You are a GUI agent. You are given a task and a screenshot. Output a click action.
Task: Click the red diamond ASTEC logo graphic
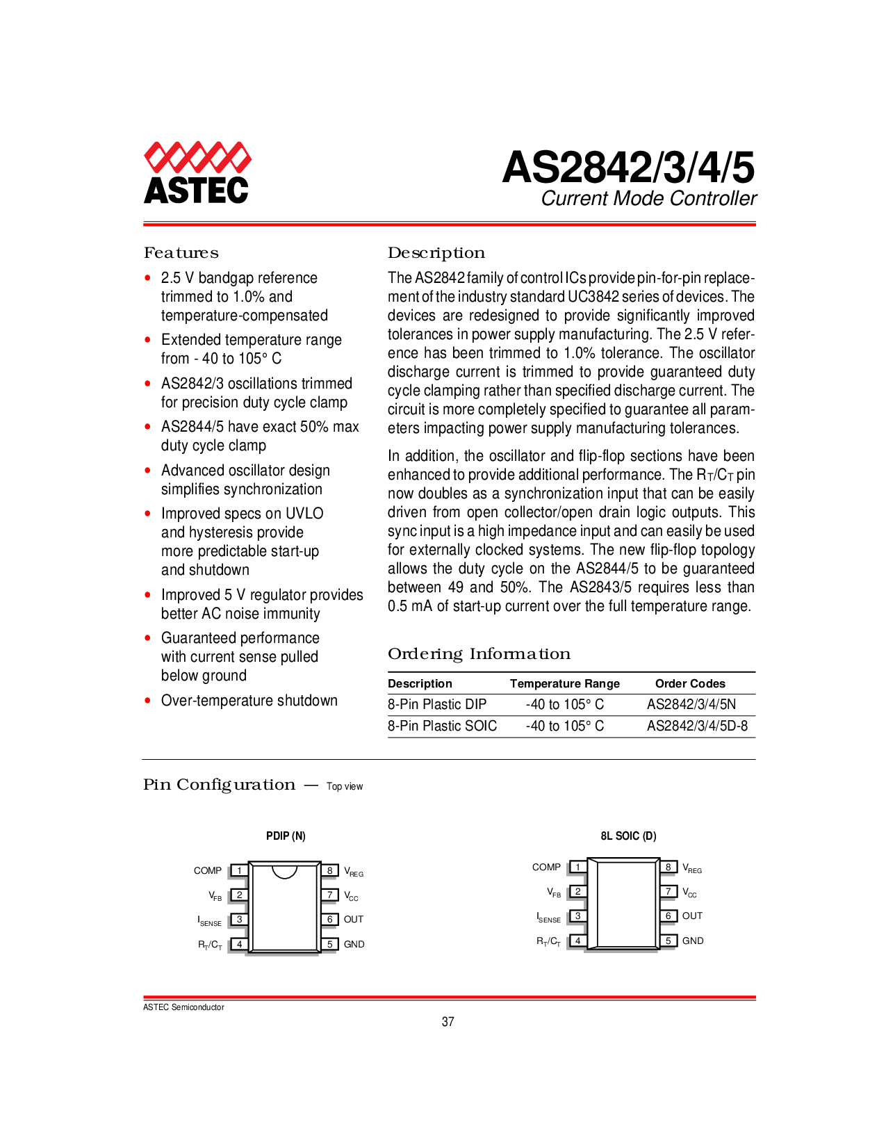pyautogui.click(x=197, y=157)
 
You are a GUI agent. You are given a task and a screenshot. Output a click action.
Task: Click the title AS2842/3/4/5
pyautogui.click(x=628, y=168)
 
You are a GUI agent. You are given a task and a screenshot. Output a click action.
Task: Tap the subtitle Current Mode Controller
pyautogui.click(x=648, y=199)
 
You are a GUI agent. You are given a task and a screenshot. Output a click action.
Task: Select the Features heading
pyautogui.click(x=181, y=253)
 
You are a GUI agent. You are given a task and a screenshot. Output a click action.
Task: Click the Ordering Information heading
pyautogui.click(x=479, y=654)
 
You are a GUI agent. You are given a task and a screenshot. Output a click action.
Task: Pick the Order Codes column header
pyautogui.click(x=690, y=683)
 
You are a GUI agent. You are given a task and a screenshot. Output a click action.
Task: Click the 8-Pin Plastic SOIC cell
pyautogui.click(x=442, y=726)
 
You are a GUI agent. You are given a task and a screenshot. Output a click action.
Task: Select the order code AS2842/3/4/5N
pyautogui.click(x=691, y=705)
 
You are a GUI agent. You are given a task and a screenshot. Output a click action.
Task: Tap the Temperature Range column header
pyautogui.click(x=565, y=683)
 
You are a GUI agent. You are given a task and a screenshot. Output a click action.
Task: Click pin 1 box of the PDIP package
pyautogui.click(x=240, y=870)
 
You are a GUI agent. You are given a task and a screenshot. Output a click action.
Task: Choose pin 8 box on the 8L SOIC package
pyautogui.click(x=668, y=867)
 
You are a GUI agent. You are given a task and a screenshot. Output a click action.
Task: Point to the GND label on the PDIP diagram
pyautogui.click(x=354, y=944)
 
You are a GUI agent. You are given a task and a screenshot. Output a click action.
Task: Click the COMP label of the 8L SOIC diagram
pyautogui.click(x=546, y=868)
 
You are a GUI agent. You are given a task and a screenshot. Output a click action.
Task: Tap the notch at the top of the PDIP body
pyautogui.click(x=284, y=874)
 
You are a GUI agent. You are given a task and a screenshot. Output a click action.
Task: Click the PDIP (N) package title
pyautogui.click(x=286, y=836)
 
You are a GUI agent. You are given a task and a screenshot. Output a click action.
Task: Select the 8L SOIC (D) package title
pyautogui.click(x=628, y=836)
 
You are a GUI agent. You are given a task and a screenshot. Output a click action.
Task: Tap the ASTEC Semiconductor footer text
pyautogui.click(x=183, y=1007)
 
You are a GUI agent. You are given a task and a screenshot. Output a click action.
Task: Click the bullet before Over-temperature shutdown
pyautogui.click(x=148, y=701)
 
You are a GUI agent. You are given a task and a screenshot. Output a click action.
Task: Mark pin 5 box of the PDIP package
pyautogui.click(x=330, y=944)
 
